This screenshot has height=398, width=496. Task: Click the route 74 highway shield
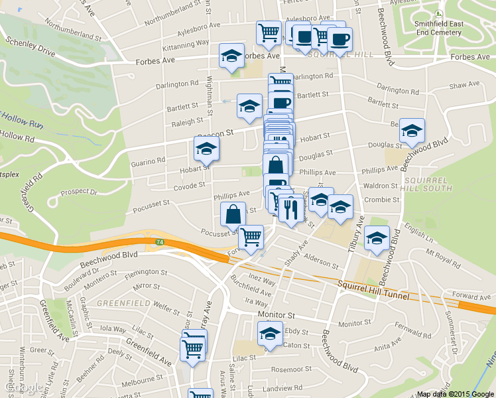[159, 243]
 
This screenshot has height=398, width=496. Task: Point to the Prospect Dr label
[79, 192]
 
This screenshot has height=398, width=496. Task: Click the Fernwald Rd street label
[412, 326]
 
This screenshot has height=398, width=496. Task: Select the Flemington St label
[146, 272]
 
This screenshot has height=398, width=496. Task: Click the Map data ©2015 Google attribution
[456, 394]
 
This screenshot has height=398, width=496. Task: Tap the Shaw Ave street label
[464, 86]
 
